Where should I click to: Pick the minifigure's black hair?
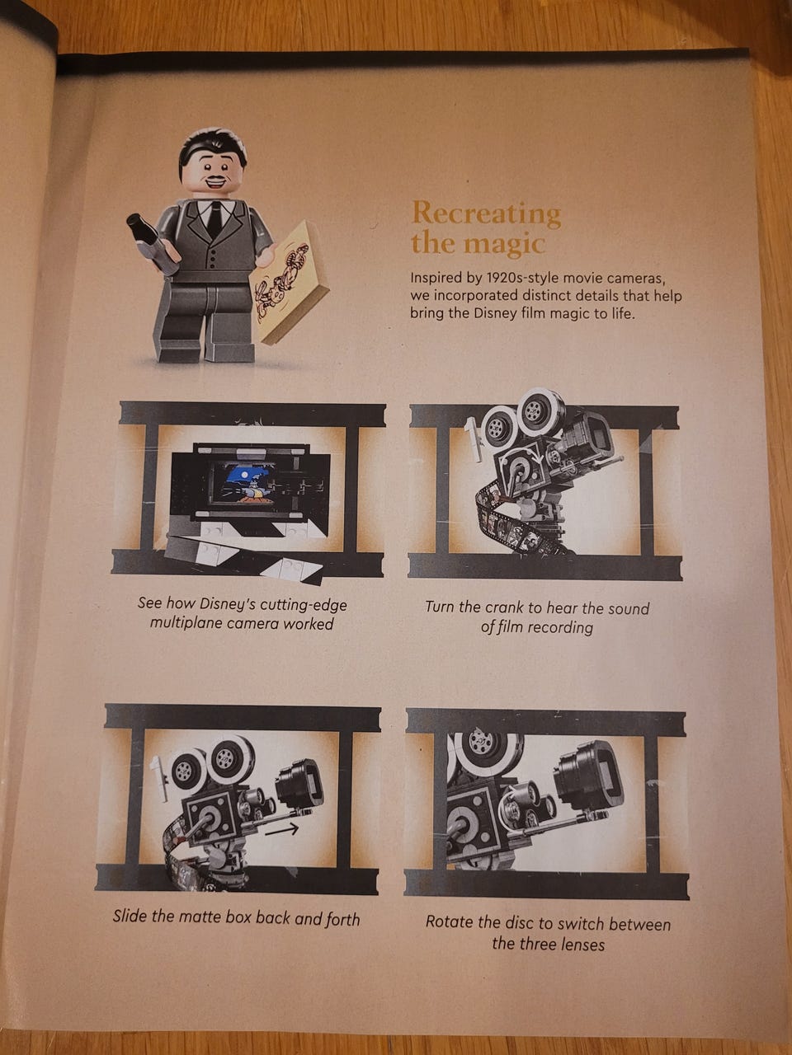211,144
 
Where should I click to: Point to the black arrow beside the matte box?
282,828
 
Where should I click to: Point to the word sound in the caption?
628,608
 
